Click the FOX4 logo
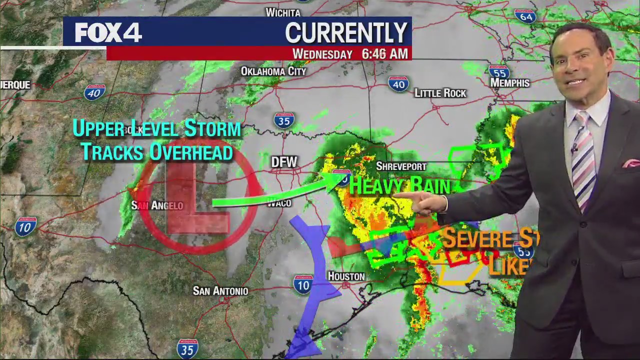click(108, 33)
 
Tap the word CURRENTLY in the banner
click(346, 33)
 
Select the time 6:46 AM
click(384, 54)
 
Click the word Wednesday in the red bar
click(322, 54)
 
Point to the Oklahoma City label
click(273, 71)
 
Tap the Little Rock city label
click(440, 93)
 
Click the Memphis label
click(509, 83)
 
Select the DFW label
click(284, 162)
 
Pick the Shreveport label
click(401, 166)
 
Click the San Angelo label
click(157, 205)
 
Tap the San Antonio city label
click(220, 291)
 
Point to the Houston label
click(346, 276)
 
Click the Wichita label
click(283, 12)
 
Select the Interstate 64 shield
click(525, 16)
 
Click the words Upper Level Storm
click(156, 128)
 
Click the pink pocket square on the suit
click(631, 163)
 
